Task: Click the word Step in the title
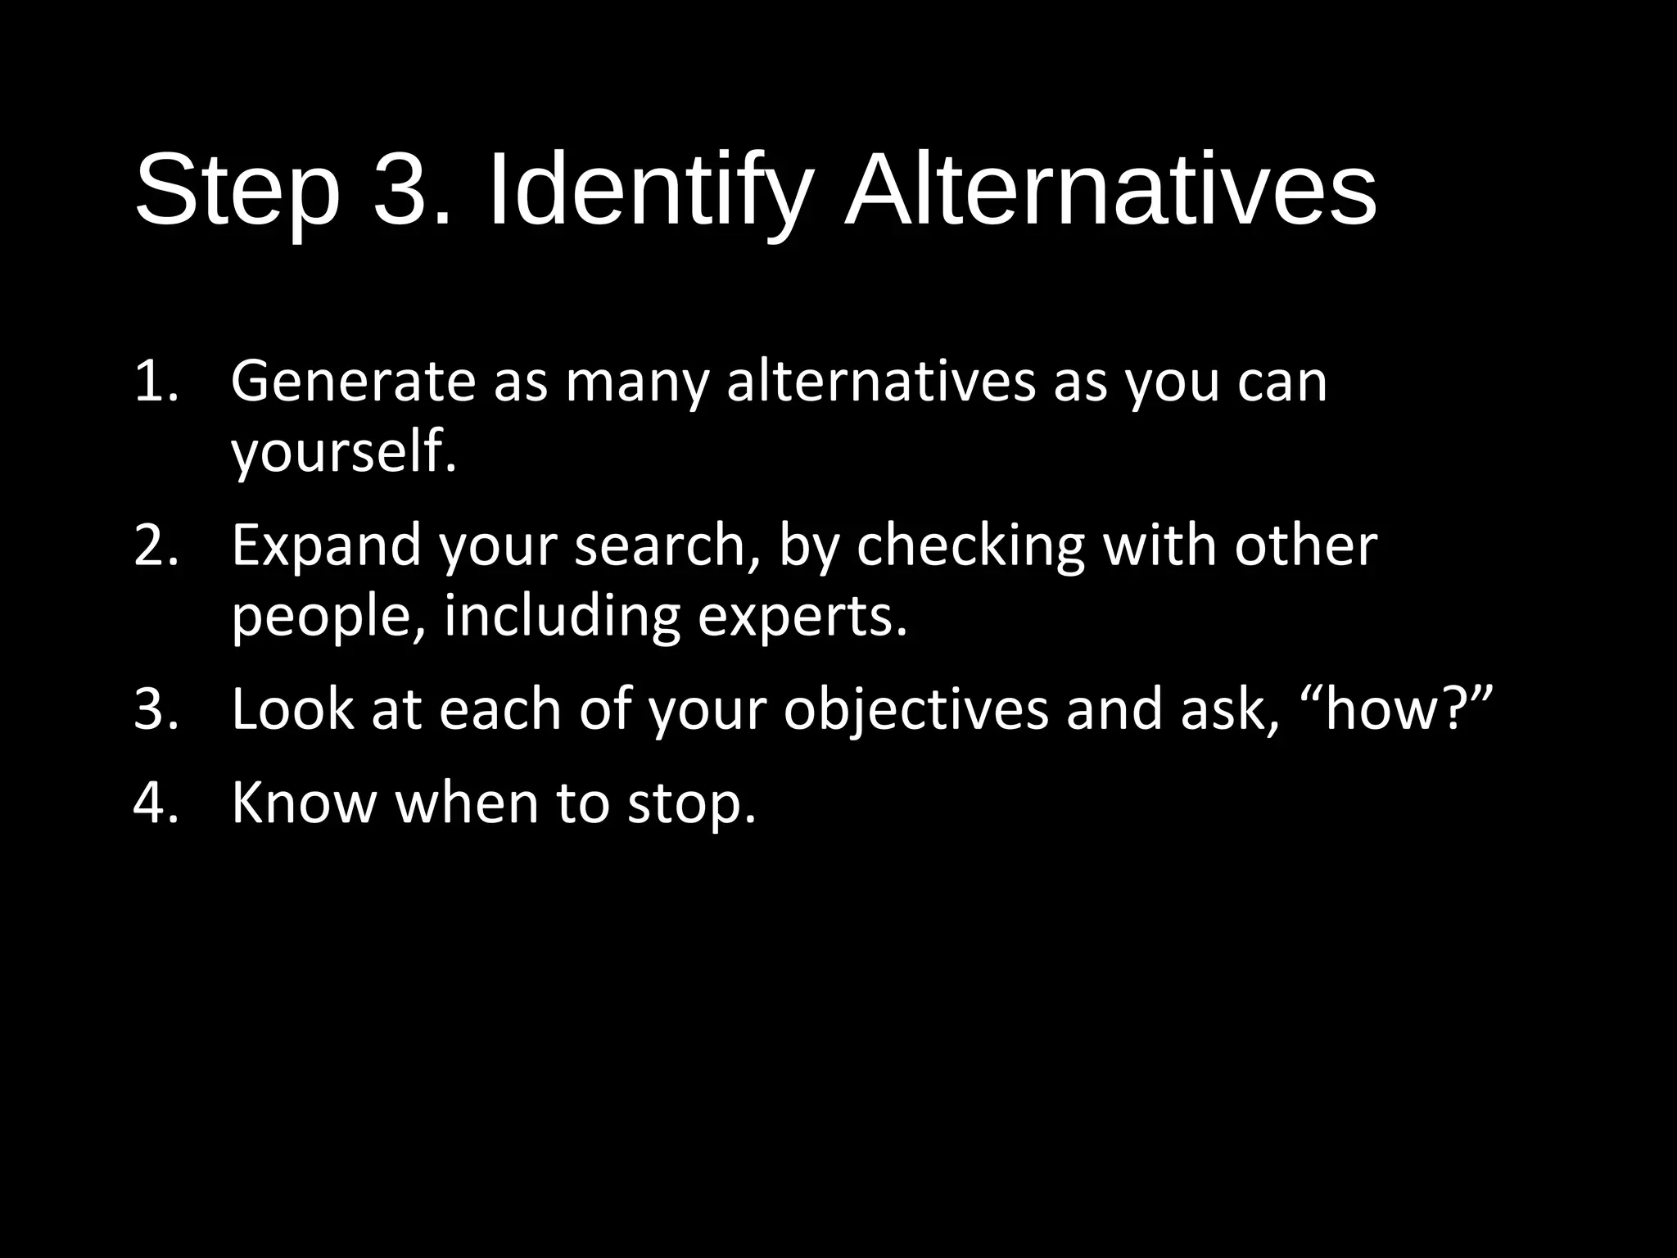pyautogui.click(x=237, y=193)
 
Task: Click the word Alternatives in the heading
pyautogui.click(x=1110, y=193)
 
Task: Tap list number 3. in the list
pyautogui.click(x=156, y=709)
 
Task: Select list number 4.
pyautogui.click(x=156, y=803)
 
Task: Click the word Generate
pyautogui.click(x=353, y=382)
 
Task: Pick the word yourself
pyautogui.click(x=343, y=452)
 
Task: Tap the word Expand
pyautogui.click(x=326, y=545)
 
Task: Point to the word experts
pyautogui.click(x=802, y=616)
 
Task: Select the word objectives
pyautogui.click(x=915, y=709)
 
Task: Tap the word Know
pyautogui.click(x=304, y=803)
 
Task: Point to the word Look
pyautogui.click(x=292, y=709)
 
